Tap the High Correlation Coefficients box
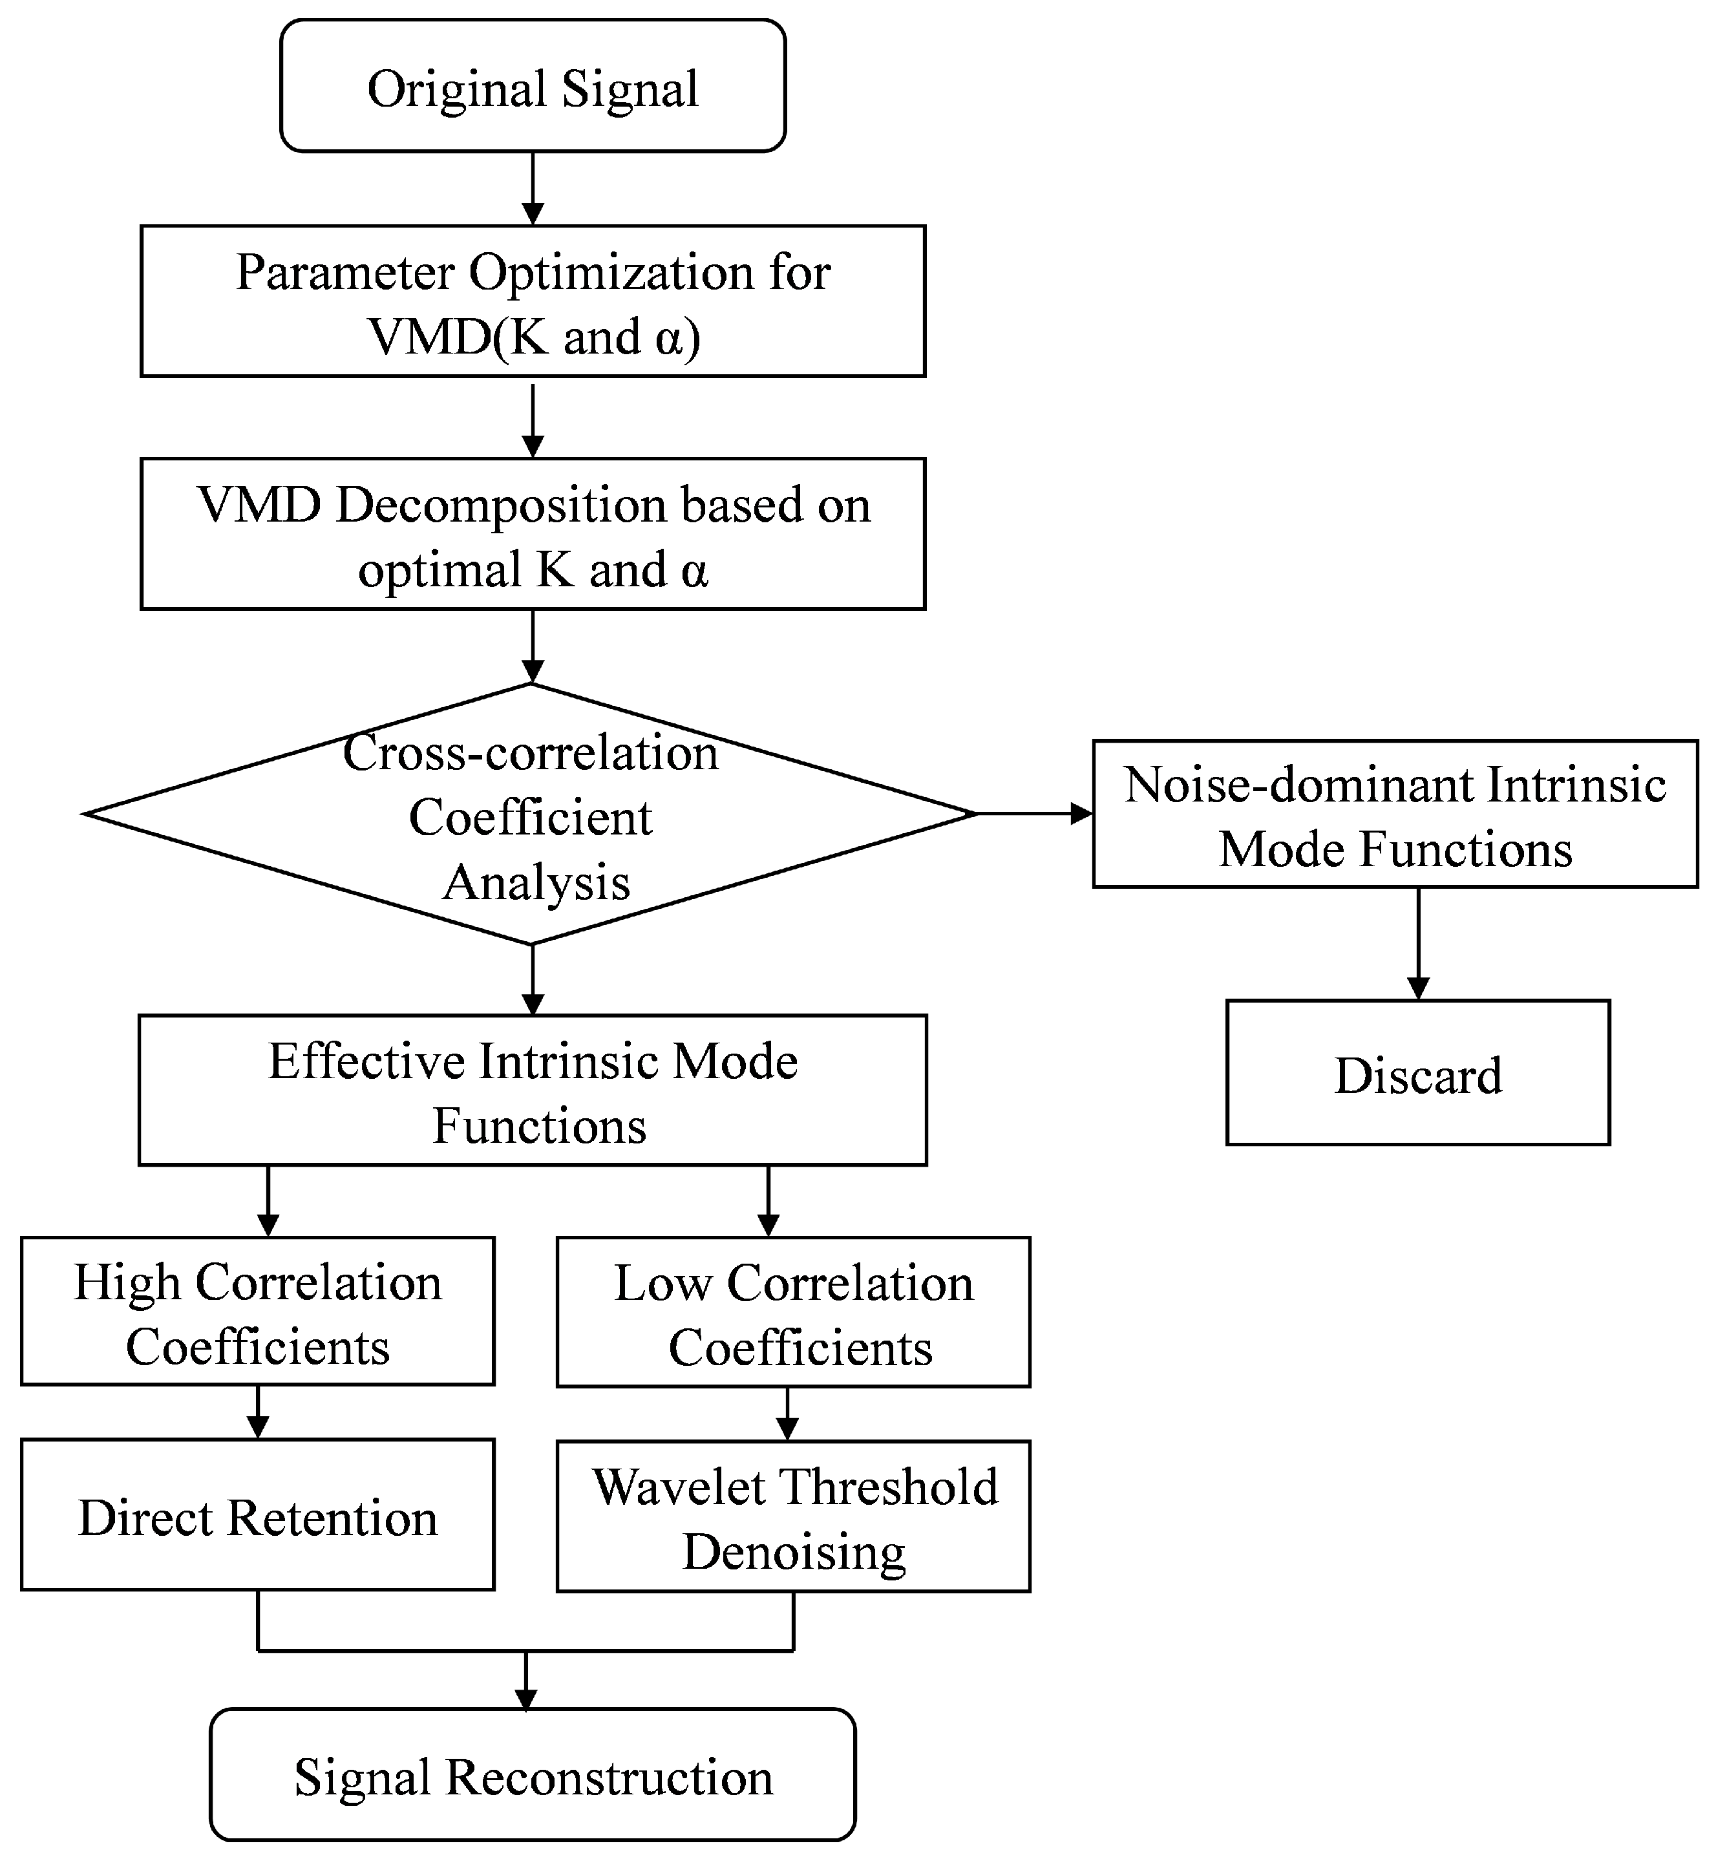tap(257, 1311)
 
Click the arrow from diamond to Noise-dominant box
tap(1034, 813)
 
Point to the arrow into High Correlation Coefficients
tap(268, 1200)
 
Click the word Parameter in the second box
tap(345, 273)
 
